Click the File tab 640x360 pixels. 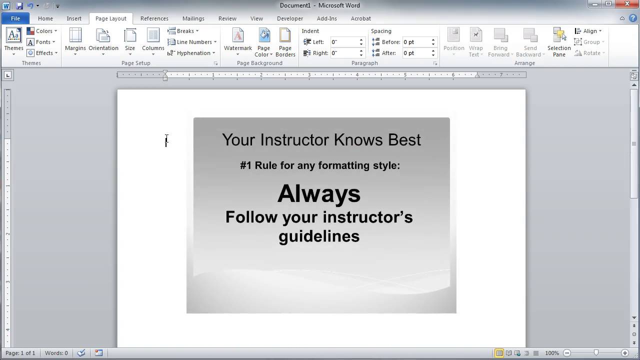(x=15, y=18)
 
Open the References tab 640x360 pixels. (x=154, y=18)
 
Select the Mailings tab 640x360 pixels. (x=193, y=18)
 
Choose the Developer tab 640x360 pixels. (x=290, y=18)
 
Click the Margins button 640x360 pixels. (x=75, y=41)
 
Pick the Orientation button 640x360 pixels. (x=103, y=41)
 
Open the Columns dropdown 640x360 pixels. (x=153, y=41)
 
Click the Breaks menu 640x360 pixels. (x=183, y=31)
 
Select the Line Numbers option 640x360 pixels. (x=192, y=42)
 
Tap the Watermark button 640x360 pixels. (x=238, y=41)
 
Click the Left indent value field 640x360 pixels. (x=343, y=42)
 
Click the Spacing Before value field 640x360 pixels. (x=415, y=42)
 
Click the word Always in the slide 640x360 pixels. (x=319, y=193)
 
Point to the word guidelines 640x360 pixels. (x=319, y=236)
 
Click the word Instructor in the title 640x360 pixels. (x=296, y=140)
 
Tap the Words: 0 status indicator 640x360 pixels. (x=56, y=353)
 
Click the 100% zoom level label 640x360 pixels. (x=552, y=353)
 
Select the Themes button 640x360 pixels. (x=13, y=41)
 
